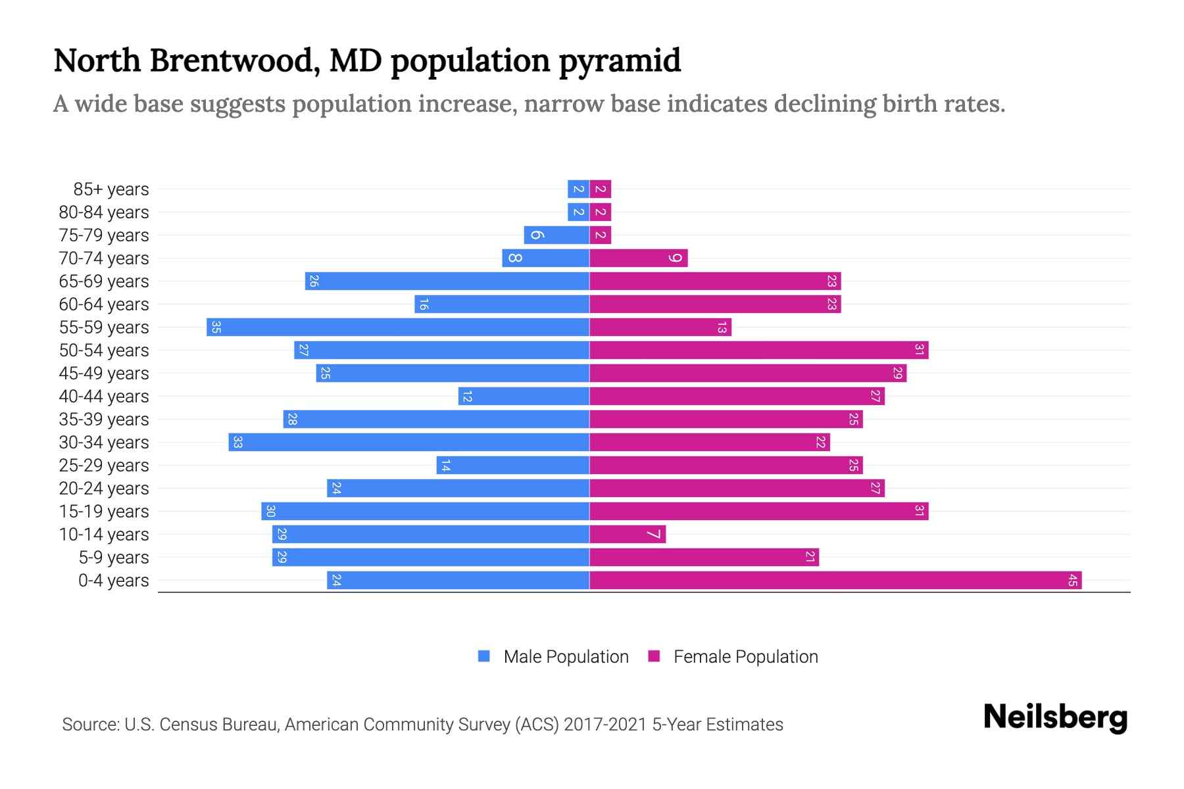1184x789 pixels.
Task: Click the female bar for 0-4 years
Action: [835, 580]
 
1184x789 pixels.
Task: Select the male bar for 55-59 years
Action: [398, 327]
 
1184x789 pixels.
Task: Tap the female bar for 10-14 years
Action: [628, 534]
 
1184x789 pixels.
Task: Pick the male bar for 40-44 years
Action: [524, 396]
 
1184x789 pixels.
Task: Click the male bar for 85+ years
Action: [578, 189]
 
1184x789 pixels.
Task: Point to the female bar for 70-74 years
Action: [638, 258]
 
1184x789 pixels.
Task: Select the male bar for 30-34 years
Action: [408, 442]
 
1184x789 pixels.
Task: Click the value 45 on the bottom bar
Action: [1072, 580]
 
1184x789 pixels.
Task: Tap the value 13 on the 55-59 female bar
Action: [722, 327]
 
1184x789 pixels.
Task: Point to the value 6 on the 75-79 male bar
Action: [537, 235]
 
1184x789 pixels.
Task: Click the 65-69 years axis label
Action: [104, 281]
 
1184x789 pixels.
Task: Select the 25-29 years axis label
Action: [104, 466]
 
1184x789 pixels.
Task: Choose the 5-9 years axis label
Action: [114, 558]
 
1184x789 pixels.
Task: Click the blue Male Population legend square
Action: [484, 656]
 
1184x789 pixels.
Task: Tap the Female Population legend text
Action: [745, 656]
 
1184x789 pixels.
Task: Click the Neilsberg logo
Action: [1055, 717]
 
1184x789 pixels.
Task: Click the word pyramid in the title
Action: [620, 61]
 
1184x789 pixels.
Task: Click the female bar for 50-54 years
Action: [758, 350]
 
